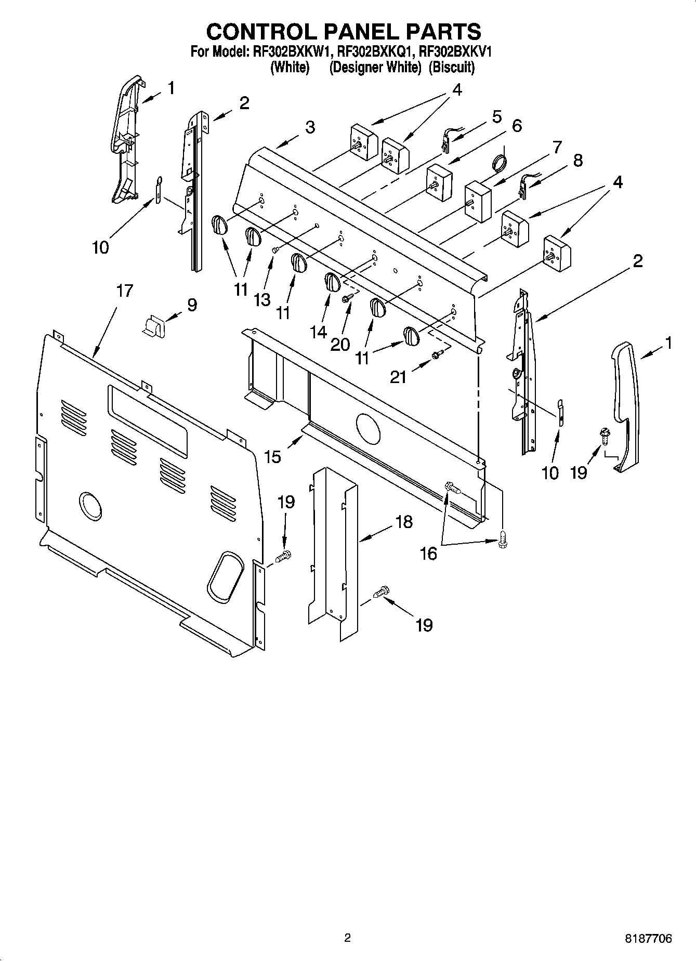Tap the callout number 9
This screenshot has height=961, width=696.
(191, 305)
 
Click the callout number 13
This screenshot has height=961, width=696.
(262, 299)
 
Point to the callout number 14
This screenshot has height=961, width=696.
(319, 332)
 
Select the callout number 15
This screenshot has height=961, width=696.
(272, 457)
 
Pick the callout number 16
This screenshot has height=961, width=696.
(429, 554)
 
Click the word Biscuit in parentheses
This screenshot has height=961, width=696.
(451, 68)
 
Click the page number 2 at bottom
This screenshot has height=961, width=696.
(347, 938)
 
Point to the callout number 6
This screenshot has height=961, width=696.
(516, 126)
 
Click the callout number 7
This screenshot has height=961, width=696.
(556, 148)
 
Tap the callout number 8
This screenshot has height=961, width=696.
(577, 161)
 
